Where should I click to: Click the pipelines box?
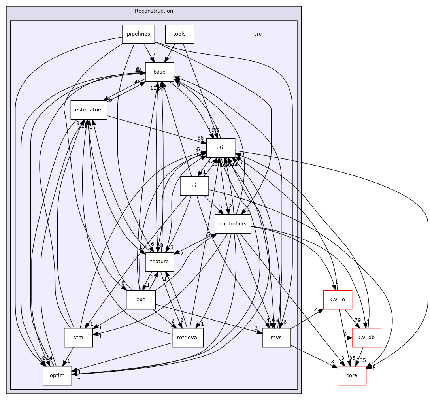point(138,34)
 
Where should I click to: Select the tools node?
point(179,34)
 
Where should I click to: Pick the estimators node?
point(89,110)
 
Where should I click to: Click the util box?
point(221,148)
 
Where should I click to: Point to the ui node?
point(194,186)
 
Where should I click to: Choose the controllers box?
point(233,224)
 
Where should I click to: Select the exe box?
point(141,300)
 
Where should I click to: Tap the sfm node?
point(78,338)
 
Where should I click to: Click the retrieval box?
point(188,338)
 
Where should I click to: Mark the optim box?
point(57,375)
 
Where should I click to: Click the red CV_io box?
point(338,300)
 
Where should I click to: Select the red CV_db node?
point(366,338)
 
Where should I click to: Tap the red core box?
point(352,375)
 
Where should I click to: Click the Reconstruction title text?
point(154,11)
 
